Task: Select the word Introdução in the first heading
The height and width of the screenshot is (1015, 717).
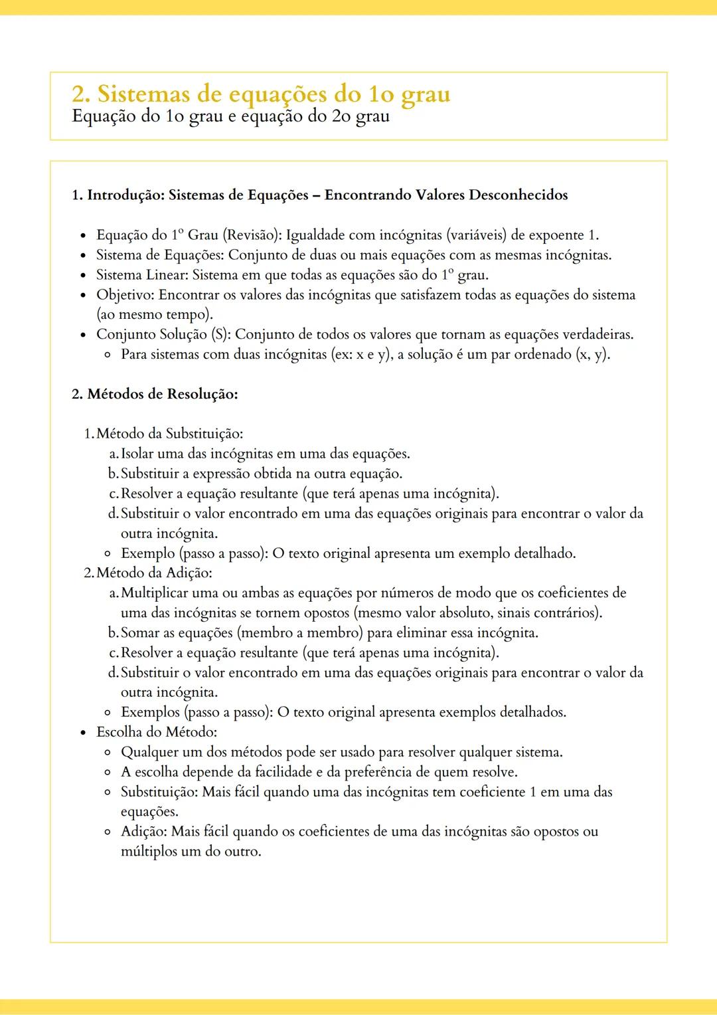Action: click(125, 195)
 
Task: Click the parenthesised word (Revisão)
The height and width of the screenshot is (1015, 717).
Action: click(252, 235)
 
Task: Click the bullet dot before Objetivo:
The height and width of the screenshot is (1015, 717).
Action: click(83, 296)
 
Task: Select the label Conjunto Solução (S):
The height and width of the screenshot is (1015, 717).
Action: click(163, 334)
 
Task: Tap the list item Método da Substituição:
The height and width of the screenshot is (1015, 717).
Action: click(169, 434)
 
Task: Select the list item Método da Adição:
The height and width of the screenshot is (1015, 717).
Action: click(154, 573)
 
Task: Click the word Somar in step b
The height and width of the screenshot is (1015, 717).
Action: click(139, 632)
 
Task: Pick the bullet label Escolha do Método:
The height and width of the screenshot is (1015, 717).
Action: click(157, 732)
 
